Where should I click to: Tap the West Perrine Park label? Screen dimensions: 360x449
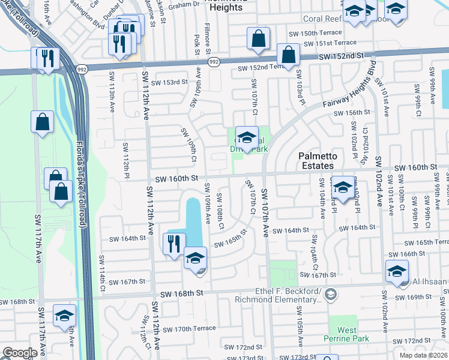pos(346,334)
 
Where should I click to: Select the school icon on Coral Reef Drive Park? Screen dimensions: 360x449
pos(247,137)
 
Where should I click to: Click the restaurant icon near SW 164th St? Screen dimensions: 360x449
pos(173,244)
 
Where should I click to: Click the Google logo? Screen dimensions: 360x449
pos(20,352)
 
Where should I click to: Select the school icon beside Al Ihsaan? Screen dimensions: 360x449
pos(397,272)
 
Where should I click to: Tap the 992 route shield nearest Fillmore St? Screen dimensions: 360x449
pos(213,62)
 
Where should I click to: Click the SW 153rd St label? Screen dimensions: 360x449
pos(169,82)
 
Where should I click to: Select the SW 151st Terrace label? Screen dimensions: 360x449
pos(330,43)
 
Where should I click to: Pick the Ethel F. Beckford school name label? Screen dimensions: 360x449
pos(289,293)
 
